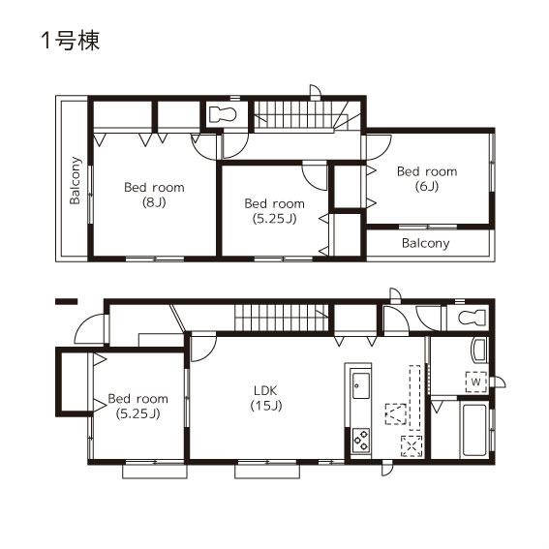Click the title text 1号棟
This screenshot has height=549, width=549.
70,41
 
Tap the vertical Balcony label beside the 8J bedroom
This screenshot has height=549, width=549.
75,181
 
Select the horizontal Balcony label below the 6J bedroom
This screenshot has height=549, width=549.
425,243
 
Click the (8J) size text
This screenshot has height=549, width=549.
153,202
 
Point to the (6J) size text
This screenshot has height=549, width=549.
426,186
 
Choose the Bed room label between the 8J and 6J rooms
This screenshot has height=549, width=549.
273,203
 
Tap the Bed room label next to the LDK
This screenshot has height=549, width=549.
137,398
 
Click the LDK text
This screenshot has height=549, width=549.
266,390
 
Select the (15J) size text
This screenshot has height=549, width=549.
266,406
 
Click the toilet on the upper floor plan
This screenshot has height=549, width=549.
224,113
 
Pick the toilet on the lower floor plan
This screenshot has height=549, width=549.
470,319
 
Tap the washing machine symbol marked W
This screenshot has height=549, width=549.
475,381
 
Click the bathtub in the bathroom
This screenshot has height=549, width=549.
474,431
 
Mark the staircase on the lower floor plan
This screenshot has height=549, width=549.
281,318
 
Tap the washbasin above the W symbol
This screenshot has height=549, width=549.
477,351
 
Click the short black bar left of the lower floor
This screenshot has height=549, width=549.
66,302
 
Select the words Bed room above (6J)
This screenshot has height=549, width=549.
426,171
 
